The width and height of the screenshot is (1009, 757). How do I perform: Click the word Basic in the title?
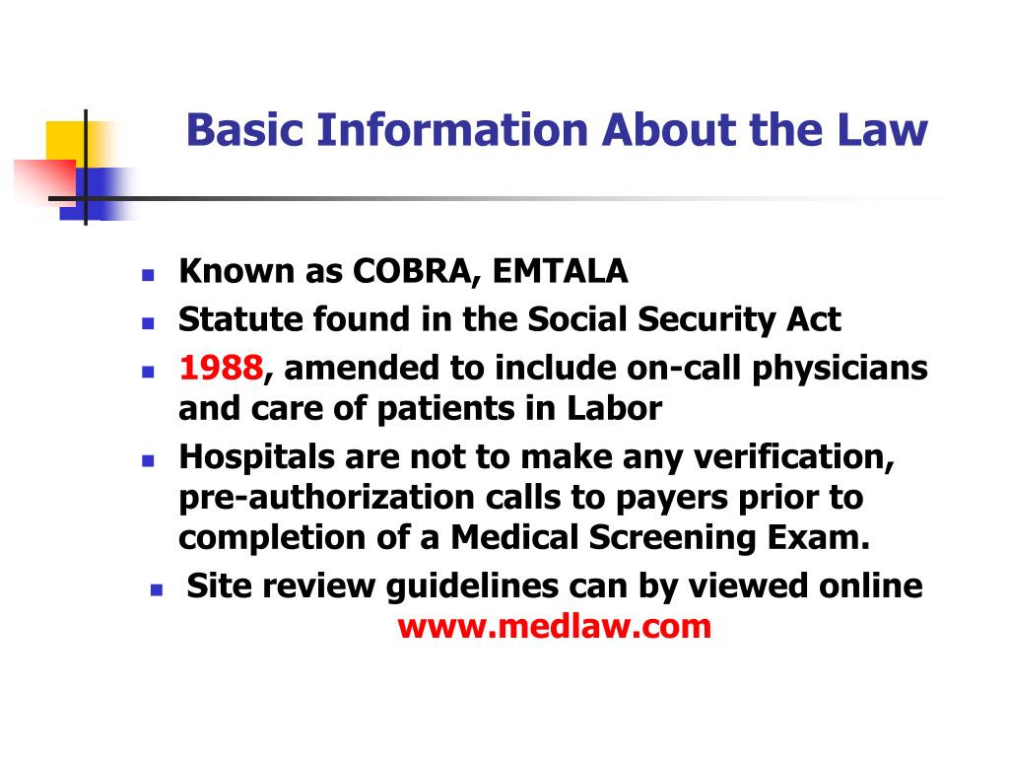[235, 130]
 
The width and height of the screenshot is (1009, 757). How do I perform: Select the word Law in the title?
[889, 130]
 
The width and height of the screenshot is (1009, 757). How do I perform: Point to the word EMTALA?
[561, 271]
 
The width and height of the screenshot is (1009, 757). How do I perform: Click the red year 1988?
[221, 369]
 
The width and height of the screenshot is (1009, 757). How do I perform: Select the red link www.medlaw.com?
[554, 626]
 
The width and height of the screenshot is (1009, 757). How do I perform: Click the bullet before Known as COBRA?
[147, 275]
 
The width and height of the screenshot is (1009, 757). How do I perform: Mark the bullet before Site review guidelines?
[156, 590]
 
